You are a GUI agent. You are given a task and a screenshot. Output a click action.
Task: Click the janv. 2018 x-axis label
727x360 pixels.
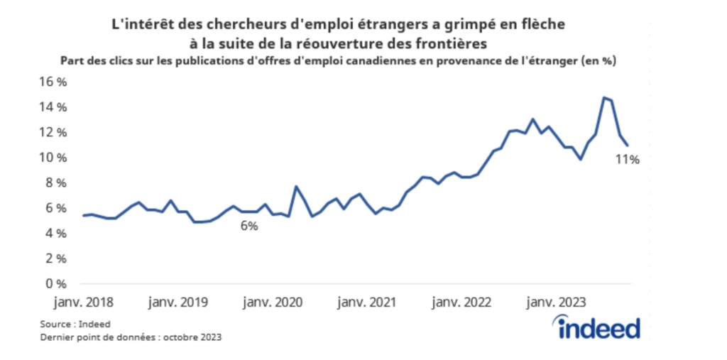click(x=84, y=302)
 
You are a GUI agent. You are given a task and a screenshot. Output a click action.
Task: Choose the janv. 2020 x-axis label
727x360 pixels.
click(x=273, y=302)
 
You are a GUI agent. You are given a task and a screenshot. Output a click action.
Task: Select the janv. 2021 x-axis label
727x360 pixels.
click(x=366, y=302)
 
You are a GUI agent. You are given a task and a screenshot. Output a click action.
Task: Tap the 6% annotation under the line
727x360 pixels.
click(x=248, y=226)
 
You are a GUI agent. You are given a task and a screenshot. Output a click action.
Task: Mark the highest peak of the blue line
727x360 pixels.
click(x=603, y=98)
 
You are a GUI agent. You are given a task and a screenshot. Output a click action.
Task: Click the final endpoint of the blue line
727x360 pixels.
click(x=628, y=146)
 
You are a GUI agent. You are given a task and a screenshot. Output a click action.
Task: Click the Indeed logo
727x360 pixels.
click(x=598, y=328)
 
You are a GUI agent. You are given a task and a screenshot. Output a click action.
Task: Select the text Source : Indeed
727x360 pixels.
click(x=70, y=324)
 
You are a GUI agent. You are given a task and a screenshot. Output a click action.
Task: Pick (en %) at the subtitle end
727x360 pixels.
click(x=598, y=60)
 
